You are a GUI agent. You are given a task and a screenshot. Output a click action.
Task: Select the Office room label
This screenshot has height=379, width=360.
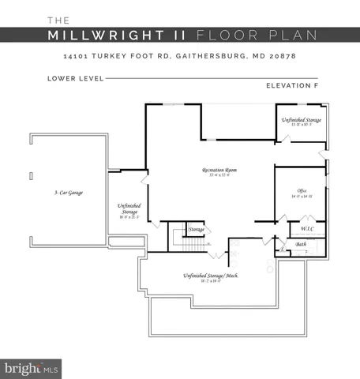tap(302, 190)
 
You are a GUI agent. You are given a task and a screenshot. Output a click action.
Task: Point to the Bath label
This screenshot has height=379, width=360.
tap(301, 245)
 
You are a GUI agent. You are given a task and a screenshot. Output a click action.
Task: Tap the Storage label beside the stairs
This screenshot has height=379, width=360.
tap(196, 229)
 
